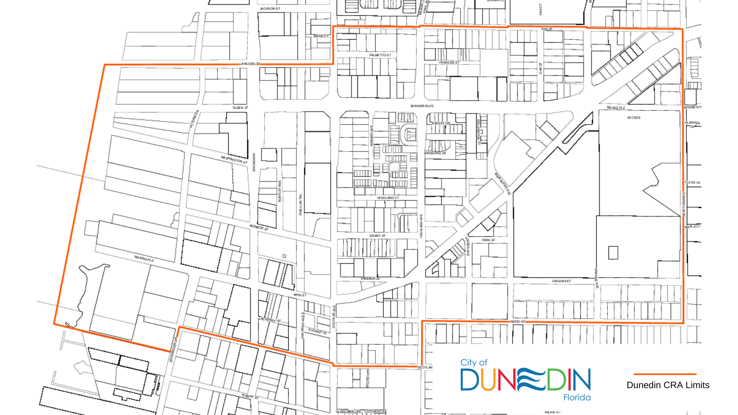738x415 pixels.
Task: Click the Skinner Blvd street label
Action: [422, 106]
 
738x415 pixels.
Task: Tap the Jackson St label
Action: [270, 8]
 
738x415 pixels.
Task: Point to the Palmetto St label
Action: [380, 55]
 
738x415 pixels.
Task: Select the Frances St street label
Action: [449, 62]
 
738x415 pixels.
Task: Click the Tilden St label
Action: [240, 108]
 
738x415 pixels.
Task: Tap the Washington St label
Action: [234, 159]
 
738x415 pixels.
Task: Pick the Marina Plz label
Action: [144, 258]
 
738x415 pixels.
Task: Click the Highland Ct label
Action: [388, 198]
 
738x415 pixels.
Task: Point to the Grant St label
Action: [377, 236]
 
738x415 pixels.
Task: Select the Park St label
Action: [489, 240]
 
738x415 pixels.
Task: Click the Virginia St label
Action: [561, 281]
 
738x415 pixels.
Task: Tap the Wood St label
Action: [517, 321]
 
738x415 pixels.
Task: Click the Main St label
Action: [300, 295]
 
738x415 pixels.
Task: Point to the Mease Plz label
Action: [616, 108]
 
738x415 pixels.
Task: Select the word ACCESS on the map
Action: [633, 118]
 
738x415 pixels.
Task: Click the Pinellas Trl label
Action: [301, 204]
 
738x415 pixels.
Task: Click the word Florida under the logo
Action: [577, 398]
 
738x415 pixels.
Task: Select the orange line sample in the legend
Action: [665, 374]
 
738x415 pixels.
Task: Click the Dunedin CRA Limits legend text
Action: [668, 385]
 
